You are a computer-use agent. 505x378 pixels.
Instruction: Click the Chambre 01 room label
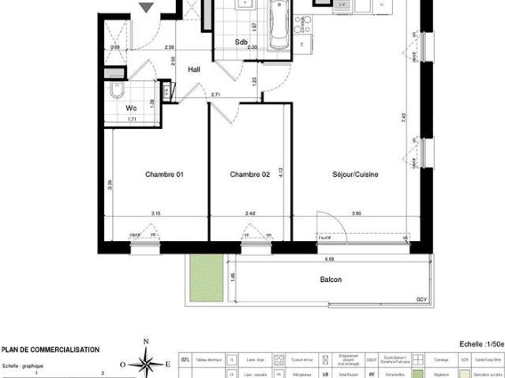coord(163,175)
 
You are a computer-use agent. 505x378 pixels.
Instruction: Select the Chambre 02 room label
coord(250,175)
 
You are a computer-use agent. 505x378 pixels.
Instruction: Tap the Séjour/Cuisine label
coord(354,175)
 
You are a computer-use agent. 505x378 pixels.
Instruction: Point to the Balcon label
coord(331,280)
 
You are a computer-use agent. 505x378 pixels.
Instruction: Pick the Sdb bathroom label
coord(242,43)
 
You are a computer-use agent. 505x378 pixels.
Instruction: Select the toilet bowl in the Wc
coord(117,90)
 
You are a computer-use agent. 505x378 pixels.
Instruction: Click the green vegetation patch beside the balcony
coord(208,280)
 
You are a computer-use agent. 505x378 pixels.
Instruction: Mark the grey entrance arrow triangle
coord(145,7)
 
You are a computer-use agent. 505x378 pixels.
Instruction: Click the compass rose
coord(145,364)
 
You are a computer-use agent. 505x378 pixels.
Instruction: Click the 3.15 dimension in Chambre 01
coord(156,213)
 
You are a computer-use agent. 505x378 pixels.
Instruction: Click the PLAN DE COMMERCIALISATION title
coord(50,350)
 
